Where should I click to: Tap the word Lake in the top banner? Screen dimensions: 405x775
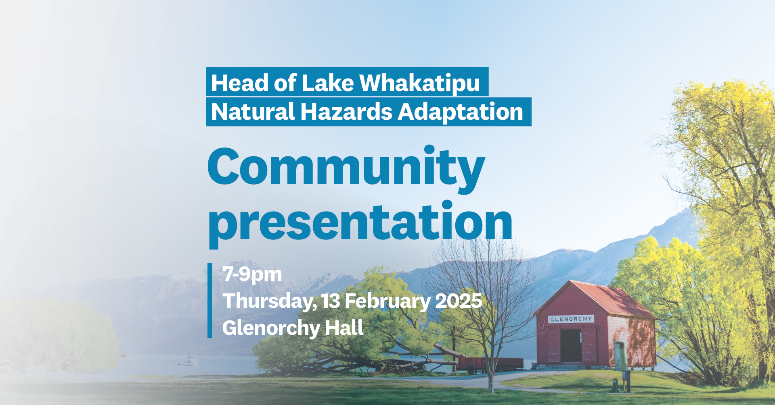[327, 83]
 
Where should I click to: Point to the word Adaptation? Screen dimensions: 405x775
[461, 112]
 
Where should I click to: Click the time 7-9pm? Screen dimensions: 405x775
[252, 274]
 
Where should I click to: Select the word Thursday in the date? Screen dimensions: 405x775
[269, 301]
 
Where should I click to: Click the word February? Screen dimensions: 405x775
[388, 301]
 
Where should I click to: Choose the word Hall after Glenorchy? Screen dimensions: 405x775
[344, 328]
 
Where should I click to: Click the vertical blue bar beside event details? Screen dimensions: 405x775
[210, 300]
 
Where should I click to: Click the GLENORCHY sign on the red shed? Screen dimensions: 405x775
[571, 319]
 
